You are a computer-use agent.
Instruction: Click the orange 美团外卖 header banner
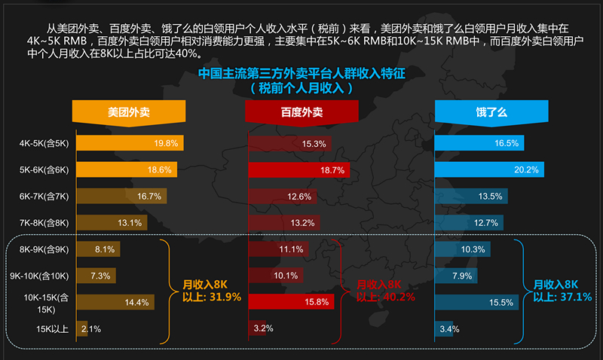[129, 111]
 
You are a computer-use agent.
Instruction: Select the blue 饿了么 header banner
[491, 111]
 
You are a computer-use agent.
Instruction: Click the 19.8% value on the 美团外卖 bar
[166, 143]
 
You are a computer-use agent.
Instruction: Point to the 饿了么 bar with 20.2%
[488, 170]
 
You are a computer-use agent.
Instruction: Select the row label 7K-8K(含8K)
[44, 223]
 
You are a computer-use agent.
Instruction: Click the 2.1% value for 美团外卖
[90, 329]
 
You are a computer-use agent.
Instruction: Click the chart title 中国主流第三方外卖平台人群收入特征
[301, 74]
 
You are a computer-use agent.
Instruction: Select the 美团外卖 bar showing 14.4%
[115, 303]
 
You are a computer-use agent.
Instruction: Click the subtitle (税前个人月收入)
[301, 87]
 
